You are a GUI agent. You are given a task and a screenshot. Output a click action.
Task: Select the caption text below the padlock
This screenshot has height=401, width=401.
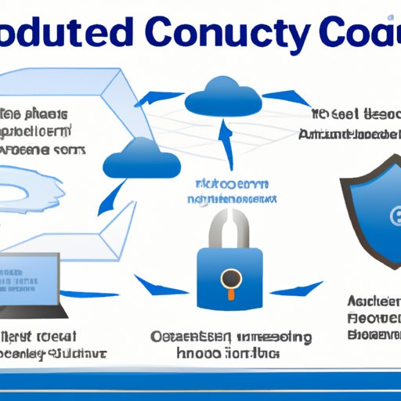coord(232,345)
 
